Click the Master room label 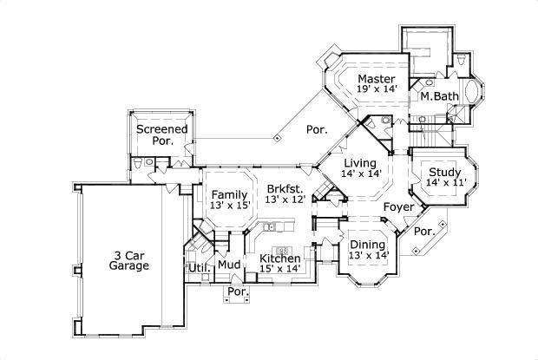(377, 78)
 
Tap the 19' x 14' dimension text (377, 88)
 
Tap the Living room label (359, 163)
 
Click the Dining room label (367, 245)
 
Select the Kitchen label (279, 259)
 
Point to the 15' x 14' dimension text (279, 270)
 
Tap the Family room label (230, 194)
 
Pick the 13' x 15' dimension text (230, 206)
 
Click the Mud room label (229, 265)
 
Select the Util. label (197, 267)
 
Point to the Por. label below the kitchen (236, 292)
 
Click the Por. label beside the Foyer (423, 232)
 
